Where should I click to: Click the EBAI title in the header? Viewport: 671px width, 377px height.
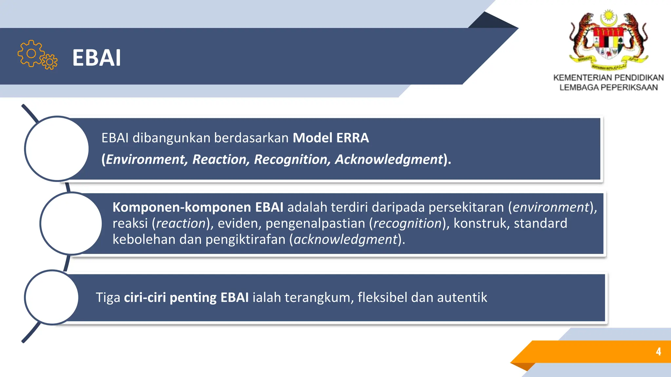click(97, 58)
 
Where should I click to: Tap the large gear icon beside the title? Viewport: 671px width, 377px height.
click(31, 54)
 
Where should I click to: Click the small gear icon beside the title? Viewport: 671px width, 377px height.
click(50, 62)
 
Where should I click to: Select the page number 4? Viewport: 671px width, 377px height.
click(658, 352)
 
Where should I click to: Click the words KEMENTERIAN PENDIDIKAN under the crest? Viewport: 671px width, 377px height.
click(608, 78)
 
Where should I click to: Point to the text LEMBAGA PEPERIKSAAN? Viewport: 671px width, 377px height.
click(608, 87)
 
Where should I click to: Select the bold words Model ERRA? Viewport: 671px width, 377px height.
click(331, 138)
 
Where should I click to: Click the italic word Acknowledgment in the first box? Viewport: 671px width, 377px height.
click(389, 159)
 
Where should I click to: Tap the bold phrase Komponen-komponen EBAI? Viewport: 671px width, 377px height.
click(198, 207)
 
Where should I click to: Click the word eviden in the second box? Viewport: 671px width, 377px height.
click(238, 223)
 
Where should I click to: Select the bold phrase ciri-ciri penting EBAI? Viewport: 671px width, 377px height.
click(186, 297)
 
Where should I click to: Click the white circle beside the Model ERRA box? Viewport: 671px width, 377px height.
click(57, 149)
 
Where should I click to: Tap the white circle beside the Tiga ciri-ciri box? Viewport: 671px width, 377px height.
click(51, 297)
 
